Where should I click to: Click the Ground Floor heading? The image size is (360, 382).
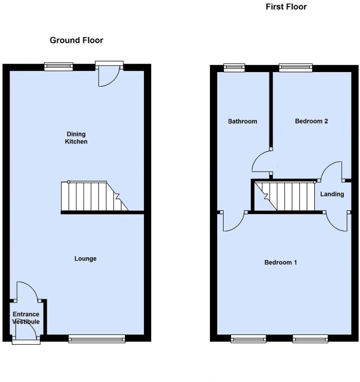76,41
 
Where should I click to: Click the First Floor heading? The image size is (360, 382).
286,7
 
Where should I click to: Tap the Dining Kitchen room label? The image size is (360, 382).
76,138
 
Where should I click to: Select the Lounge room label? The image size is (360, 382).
86,258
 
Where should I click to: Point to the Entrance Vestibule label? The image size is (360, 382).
26,318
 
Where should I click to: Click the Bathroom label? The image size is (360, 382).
242,121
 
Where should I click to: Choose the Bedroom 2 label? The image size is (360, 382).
311,121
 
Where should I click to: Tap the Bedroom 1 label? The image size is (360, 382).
281,262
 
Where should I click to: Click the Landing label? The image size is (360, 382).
332,194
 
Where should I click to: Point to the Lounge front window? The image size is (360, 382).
96,339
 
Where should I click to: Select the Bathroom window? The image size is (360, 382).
234,68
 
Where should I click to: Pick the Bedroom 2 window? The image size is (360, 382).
295,68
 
